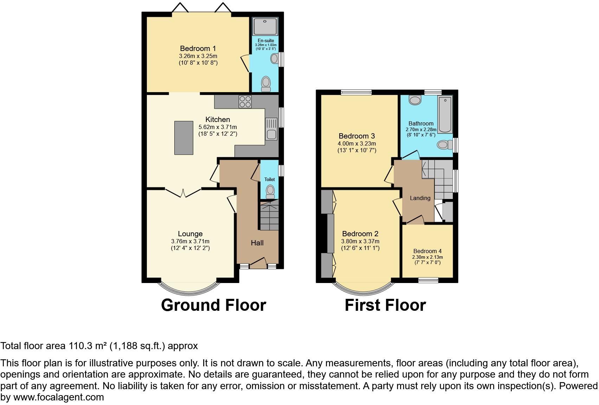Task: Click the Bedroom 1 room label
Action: coord(198,49)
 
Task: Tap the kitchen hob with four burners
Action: coord(245,102)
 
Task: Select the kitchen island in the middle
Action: coord(184,137)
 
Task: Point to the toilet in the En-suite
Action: coord(266,84)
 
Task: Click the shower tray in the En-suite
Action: coord(265,26)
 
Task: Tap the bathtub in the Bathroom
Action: coord(445,115)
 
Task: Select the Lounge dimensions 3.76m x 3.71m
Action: coord(190,242)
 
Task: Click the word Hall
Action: coord(257,243)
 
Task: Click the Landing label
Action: coord(420,198)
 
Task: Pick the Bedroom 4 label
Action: coord(427,251)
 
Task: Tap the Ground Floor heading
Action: coord(213,305)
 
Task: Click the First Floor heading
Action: coord(385,305)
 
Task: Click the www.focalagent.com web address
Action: coord(59,398)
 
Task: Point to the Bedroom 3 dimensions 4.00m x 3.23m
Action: coord(357,144)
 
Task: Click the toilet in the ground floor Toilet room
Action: coord(270,191)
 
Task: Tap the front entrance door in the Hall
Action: coord(258,263)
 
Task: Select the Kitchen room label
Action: coord(218,120)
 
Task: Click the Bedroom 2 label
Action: coord(360,234)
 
